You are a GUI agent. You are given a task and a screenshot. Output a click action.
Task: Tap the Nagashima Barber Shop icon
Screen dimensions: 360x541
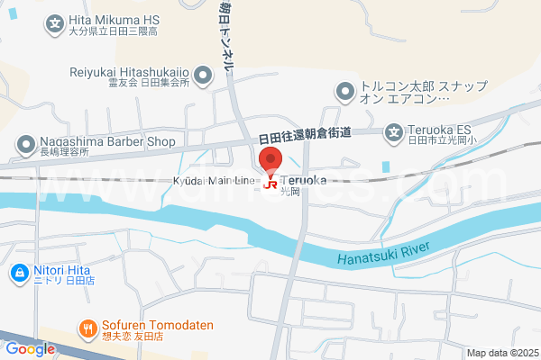(x=24, y=143)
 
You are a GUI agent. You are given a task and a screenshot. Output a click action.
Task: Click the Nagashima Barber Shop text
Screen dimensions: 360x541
(x=106, y=141)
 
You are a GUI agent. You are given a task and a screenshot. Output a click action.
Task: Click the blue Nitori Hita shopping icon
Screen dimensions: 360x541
(x=17, y=271)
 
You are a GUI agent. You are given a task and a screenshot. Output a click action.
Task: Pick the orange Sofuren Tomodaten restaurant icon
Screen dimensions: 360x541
(x=87, y=328)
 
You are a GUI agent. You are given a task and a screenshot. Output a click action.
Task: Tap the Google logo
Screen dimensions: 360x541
(x=30, y=349)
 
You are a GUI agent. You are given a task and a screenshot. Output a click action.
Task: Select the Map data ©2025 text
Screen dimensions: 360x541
(x=501, y=353)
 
